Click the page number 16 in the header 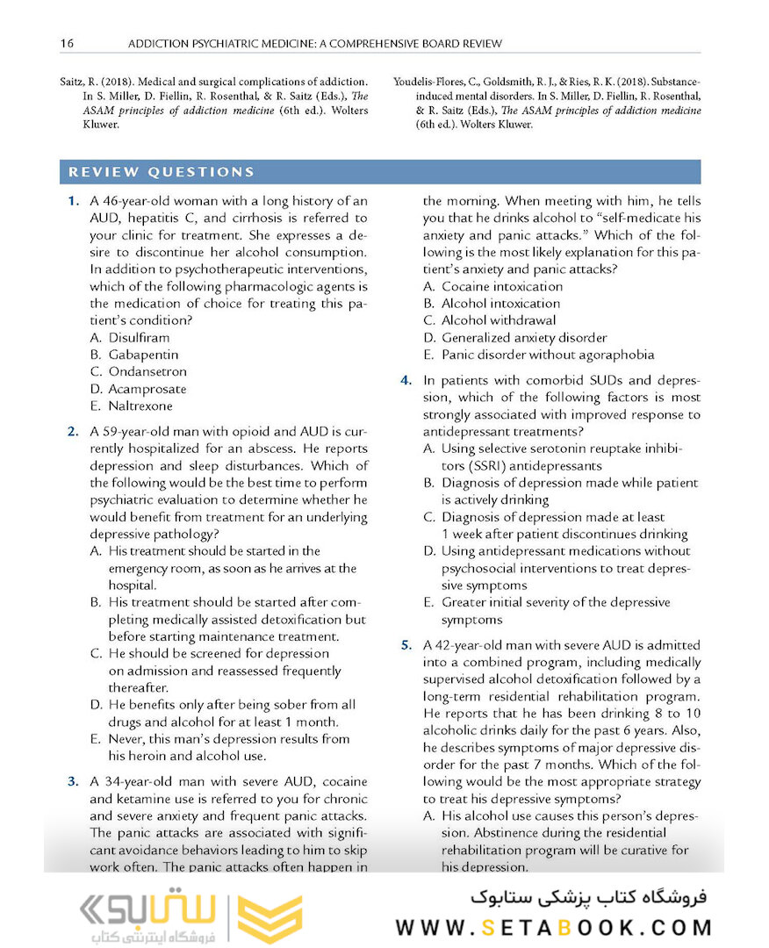66,43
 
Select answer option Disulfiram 139,338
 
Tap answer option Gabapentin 142,355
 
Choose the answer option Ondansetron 147,372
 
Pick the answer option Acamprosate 147,389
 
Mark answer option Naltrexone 140,406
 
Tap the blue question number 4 406,381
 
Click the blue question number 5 406,646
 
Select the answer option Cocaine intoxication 501,287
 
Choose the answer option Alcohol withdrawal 498,320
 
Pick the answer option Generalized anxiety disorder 523,338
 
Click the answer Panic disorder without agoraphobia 547,355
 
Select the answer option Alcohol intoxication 500,304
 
